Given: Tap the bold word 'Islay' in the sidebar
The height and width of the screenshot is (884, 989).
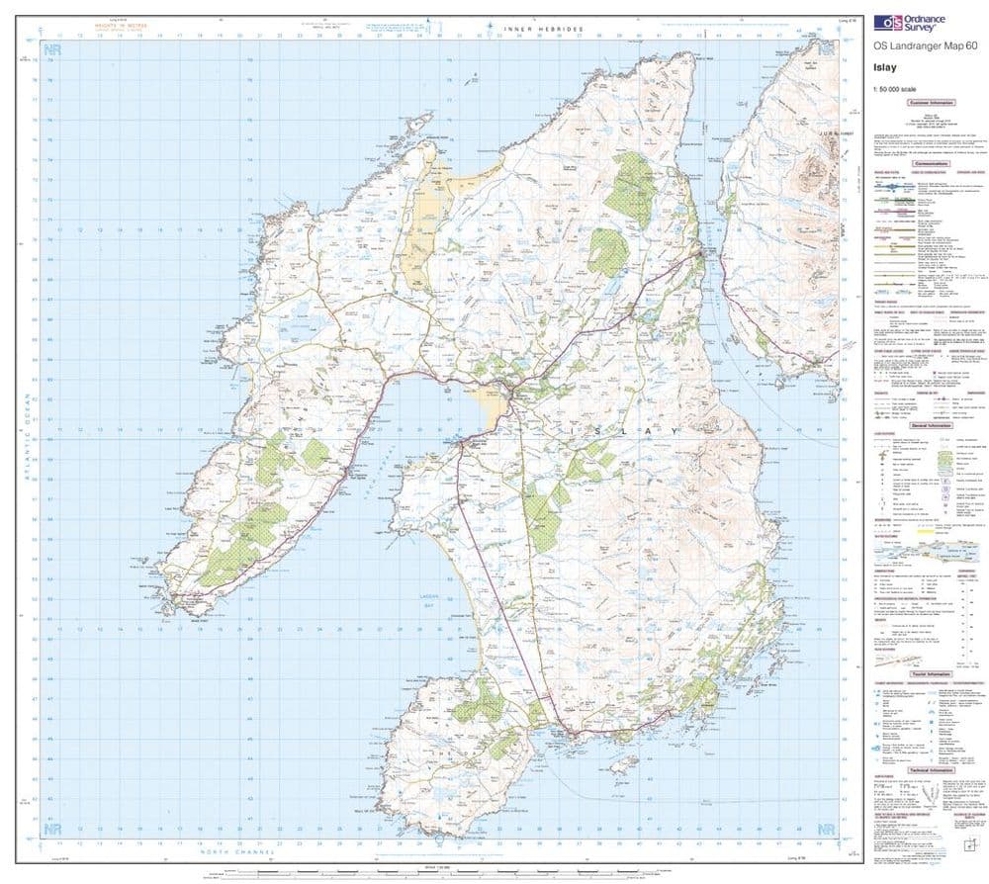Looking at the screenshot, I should tap(886, 68).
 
